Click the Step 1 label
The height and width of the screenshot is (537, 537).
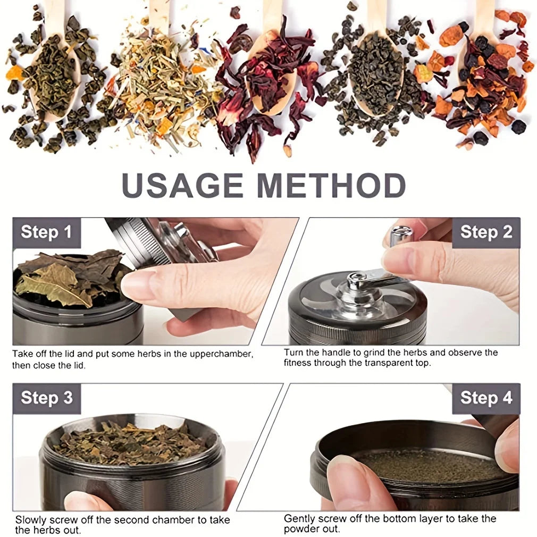tap(46, 232)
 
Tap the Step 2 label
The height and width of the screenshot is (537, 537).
tap(486, 232)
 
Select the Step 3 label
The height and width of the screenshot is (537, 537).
tap(46, 398)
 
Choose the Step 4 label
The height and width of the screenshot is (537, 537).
tap(486, 398)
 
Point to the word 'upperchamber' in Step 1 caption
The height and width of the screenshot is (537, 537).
tap(220, 354)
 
